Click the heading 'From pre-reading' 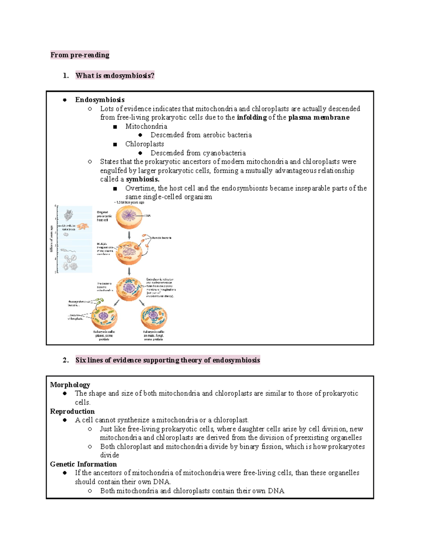(x=80, y=55)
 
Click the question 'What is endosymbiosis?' (x=115, y=75)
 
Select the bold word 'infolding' (x=251, y=118)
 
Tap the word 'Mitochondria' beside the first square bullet (x=146, y=126)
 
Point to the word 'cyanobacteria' (x=224, y=153)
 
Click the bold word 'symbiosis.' (x=143, y=179)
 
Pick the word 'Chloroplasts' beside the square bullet (x=144, y=144)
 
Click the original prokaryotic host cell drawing (x=129, y=216)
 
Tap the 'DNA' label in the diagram (x=148, y=216)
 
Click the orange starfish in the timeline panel (x=83, y=226)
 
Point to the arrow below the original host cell (x=129, y=235)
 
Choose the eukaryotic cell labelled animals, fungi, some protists (x=154, y=317)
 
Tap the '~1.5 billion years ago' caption (x=129, y=202)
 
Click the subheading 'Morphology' (x=70, y=385)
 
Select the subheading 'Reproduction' (x=72, y=412)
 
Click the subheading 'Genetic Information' (x=83, y=464)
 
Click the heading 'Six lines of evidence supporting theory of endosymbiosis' (x=168, y=360)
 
